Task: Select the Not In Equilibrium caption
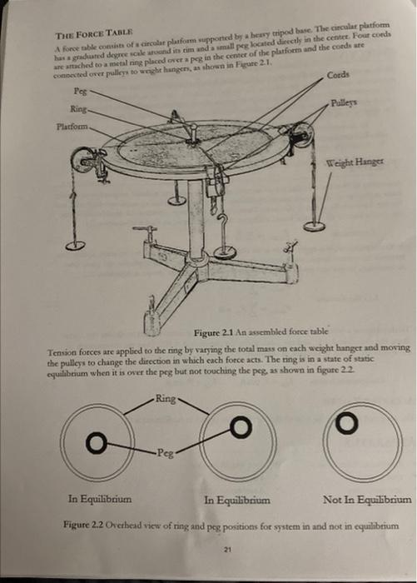tap(366, 500)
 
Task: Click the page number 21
tap(227, 551)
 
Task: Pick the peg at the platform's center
tap(192, 132)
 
